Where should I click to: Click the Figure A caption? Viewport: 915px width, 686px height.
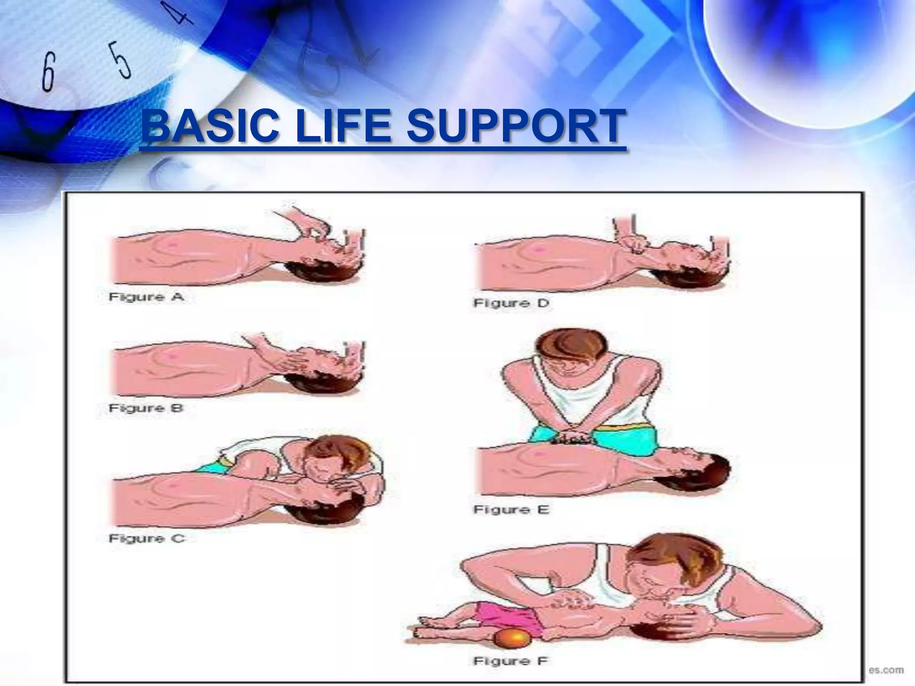click(x=146, y=297)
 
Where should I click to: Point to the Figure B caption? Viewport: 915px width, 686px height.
click(x=146, y=408)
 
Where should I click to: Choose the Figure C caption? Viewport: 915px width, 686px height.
click(x=147, y=539)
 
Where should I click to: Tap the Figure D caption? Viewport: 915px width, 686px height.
click(x=511, y=303)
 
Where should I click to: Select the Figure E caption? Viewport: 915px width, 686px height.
click(x=511, y=510)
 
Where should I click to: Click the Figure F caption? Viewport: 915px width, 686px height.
click(x=510, y=661)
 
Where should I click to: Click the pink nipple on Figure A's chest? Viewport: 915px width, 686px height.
click(x=172, y=243)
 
